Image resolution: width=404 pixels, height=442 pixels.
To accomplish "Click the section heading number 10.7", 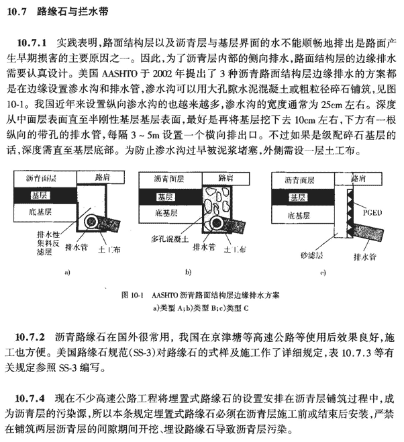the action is click(17, 12).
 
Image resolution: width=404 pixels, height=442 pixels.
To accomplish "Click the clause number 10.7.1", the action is click(32, 43).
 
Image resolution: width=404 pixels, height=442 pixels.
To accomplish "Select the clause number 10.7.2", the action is click(30, 337).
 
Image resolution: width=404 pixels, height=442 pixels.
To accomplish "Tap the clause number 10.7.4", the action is click(30, 398).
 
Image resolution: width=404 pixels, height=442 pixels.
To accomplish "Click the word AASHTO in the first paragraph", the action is click(119, 74).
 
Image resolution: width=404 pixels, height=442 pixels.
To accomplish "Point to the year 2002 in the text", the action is click(162, 74).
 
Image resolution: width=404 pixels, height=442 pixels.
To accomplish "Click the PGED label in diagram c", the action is click(372, 212).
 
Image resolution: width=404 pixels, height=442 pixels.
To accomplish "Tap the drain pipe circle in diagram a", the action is click(92, 222).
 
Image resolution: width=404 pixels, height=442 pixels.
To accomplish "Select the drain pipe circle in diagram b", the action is click(217, 223).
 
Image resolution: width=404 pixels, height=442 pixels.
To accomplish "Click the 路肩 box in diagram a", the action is click(101, 177).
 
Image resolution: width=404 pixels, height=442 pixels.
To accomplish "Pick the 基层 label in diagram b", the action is click(165, 197).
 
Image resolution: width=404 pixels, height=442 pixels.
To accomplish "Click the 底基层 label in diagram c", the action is click(299, 216).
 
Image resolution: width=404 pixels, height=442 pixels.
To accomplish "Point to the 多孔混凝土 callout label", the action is click(170, 239).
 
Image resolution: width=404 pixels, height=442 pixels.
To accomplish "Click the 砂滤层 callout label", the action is click(311, 255).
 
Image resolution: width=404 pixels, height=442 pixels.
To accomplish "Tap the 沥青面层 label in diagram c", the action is click(299, 180).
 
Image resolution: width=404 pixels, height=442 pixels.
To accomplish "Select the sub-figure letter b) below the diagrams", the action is click(188, 272).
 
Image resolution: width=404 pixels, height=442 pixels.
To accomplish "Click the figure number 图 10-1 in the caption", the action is click(133, 295).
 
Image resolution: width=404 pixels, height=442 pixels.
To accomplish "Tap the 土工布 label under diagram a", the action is click(109, 249).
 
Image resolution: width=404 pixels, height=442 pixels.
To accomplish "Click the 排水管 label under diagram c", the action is click(365, 257).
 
